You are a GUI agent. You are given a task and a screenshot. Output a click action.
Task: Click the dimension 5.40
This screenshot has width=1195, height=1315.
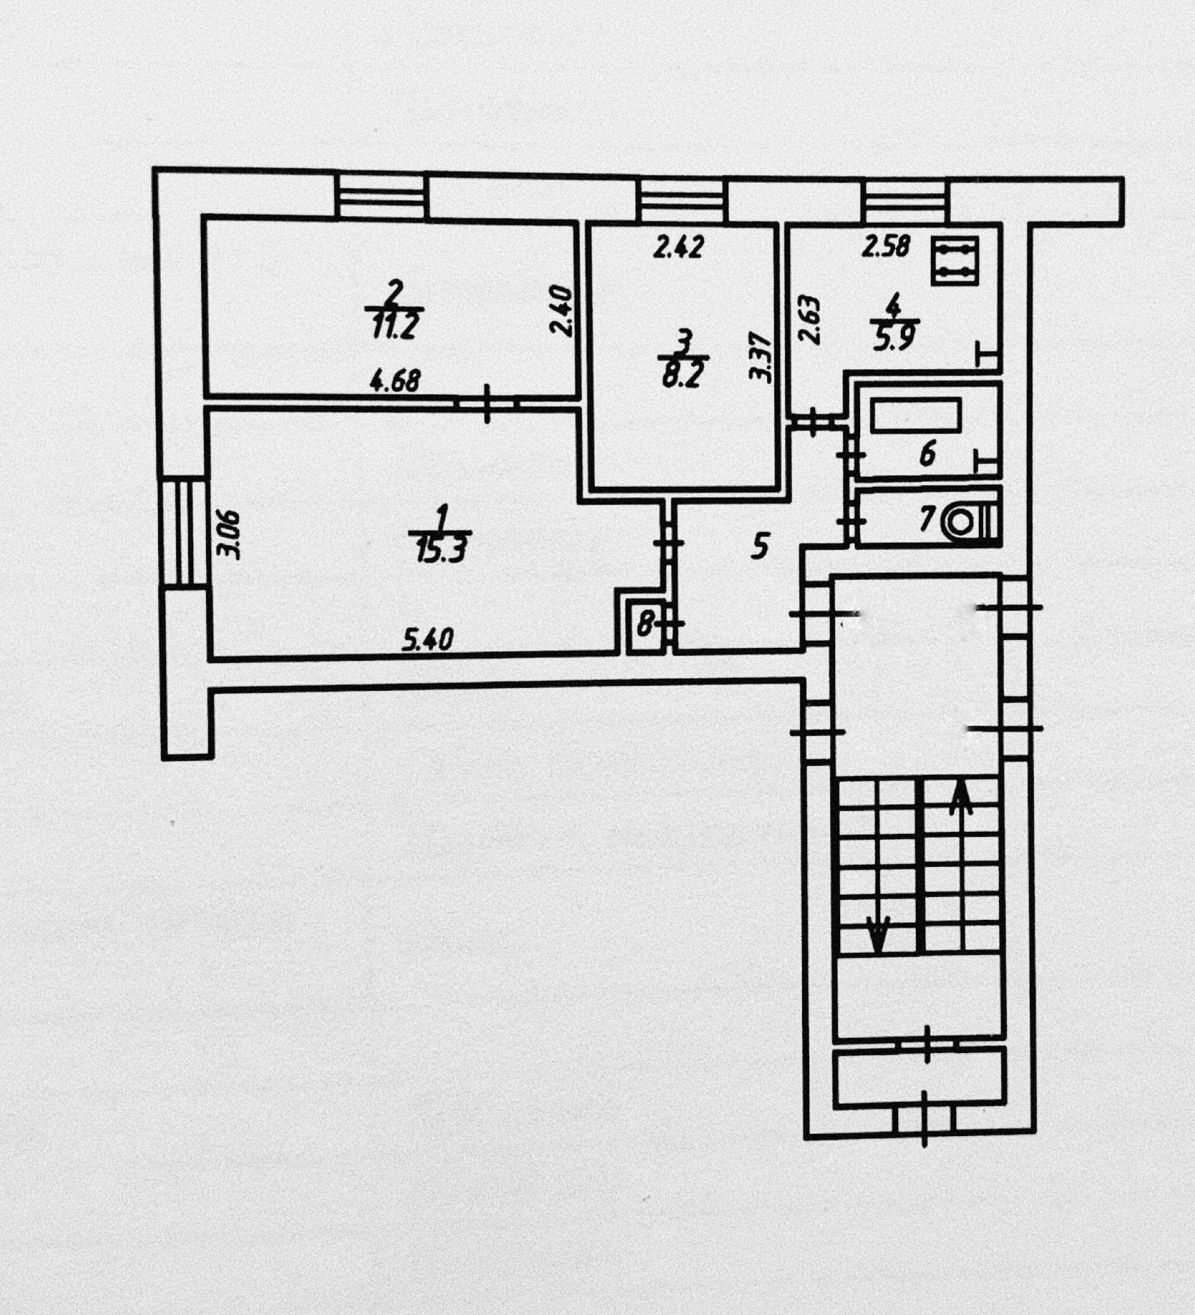[427, 638]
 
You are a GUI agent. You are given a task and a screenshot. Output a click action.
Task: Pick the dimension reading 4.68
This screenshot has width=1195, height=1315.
[394, 381]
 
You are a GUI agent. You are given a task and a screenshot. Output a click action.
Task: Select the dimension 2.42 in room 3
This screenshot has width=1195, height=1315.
[678, 247]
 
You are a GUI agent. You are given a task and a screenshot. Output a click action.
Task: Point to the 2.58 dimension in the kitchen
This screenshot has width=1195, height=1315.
[886, 246]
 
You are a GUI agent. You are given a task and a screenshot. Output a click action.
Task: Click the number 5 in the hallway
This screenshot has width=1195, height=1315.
[760, 546]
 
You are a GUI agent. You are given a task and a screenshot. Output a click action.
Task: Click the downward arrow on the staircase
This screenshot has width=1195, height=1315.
[877, 935]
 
